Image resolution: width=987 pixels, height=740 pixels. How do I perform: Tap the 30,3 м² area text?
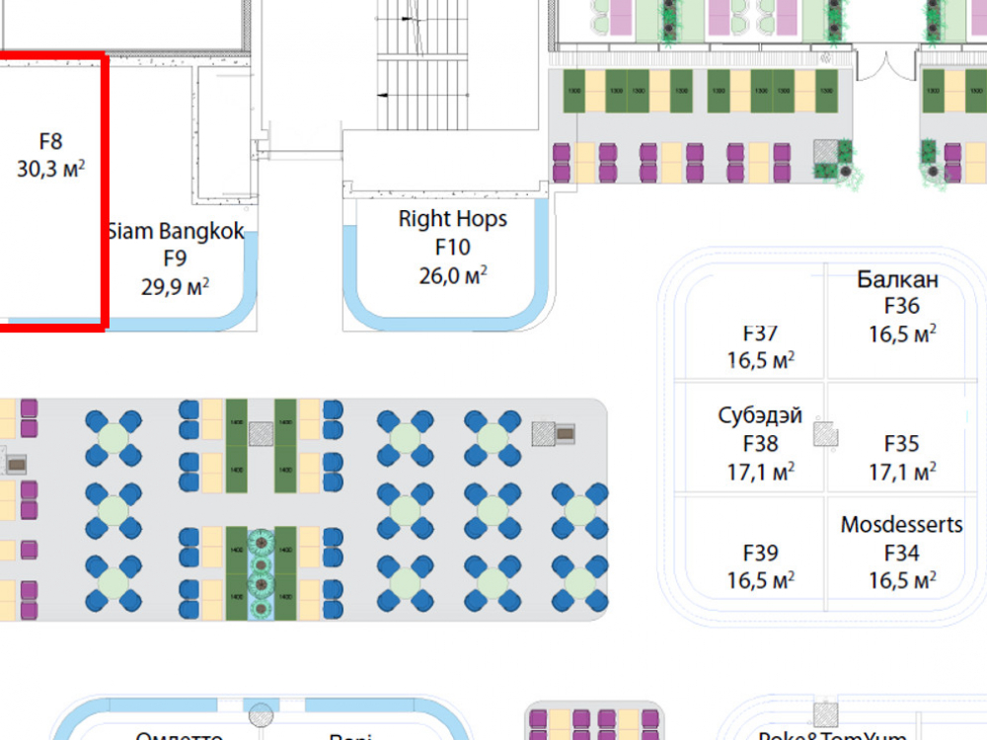[50, 169]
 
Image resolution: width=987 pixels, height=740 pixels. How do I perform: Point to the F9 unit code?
[175, 259]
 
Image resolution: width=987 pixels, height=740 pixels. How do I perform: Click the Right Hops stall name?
[452, 219]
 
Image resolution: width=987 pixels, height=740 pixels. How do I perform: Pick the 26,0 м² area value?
[453, 275]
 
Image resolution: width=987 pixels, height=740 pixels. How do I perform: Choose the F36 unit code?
[902, 307]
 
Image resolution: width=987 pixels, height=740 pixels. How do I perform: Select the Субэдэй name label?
[760, 415]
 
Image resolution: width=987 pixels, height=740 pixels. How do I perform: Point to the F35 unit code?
[902, 444]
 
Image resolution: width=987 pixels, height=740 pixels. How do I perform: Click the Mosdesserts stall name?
[901, 525]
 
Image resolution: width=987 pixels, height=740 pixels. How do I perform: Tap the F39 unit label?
[761, 553]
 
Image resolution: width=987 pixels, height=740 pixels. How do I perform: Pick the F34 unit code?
[902, 553]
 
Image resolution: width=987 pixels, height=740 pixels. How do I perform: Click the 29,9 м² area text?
[175, 287]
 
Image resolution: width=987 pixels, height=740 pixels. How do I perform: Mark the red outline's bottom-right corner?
[103, 323]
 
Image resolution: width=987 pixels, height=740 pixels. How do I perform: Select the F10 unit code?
[452, 248]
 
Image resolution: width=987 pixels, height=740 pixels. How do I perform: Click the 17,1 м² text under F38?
[761, 473]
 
